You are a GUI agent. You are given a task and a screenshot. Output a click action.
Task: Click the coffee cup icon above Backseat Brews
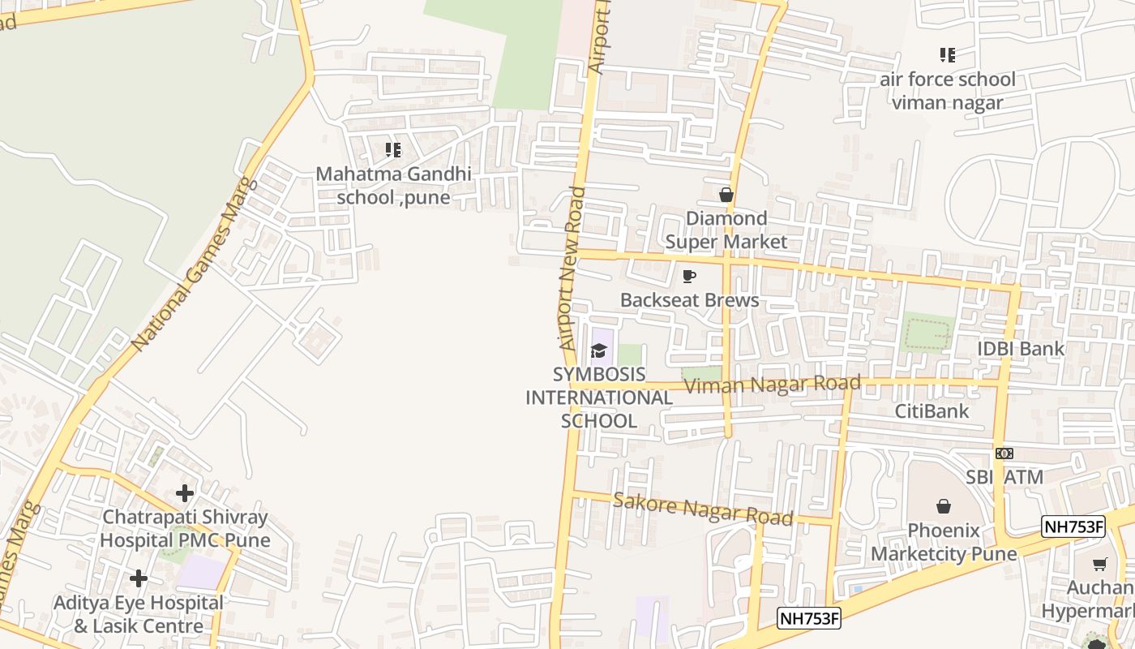[689, 277]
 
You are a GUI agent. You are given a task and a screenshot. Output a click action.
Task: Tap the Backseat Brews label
[689, 300]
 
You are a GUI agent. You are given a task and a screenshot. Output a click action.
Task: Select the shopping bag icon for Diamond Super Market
[726, 195]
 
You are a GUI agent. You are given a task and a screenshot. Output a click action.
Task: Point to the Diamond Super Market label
[726, 230]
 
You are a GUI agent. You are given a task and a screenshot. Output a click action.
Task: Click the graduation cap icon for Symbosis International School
[599, 350]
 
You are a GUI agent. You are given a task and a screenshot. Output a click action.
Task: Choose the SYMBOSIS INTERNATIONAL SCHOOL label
[599, 398]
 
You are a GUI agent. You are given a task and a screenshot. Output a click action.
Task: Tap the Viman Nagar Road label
[772, 384]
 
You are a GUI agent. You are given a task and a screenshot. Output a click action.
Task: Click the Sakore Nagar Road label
[702, 508]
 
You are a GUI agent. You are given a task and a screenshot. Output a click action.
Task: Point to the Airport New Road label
[572, 269]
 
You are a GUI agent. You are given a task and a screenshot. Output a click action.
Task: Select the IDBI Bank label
[1021, 349]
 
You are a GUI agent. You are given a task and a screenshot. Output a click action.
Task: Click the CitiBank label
[932, 411]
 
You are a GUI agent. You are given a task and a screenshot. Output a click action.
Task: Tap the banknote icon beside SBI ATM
[1004, 453]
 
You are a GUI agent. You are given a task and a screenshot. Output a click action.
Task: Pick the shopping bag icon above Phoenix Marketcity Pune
[944, 506]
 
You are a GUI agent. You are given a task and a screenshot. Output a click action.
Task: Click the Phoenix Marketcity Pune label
[944, 542]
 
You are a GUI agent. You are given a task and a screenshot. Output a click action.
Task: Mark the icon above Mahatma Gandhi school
[393, 149]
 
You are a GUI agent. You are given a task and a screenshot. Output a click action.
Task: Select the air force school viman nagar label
[947, 91]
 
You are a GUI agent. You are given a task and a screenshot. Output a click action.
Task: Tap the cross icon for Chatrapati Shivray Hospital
[185, 492]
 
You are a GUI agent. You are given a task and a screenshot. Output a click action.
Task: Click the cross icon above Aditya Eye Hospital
[139, 578]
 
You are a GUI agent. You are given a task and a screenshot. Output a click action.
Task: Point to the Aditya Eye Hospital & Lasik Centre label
[139, 614]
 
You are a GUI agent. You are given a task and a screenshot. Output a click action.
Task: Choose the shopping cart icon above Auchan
[1100, 565]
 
